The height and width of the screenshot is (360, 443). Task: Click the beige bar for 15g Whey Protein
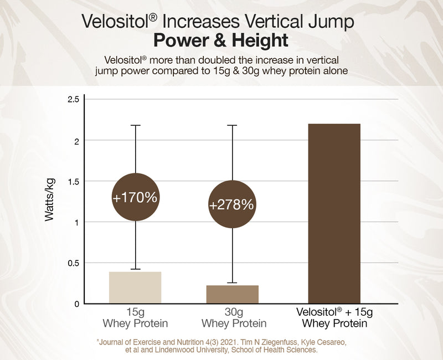coord(135,287)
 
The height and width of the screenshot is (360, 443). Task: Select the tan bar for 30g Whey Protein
coord(233,294)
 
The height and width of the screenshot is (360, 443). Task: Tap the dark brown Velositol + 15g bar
coord(334,213)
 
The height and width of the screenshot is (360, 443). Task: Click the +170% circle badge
coord(135,197)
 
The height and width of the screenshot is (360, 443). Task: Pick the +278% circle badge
coord(231,204)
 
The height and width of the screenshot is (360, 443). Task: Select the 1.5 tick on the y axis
coord(74,181)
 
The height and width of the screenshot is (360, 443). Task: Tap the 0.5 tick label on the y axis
coord(74,263)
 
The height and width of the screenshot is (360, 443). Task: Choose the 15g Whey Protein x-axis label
coord(135,317)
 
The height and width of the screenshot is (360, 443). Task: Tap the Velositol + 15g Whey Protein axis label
coord(334,317)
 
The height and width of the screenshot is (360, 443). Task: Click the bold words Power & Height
coord(220,41)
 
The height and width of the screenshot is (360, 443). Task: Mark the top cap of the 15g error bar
coord(135,125)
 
